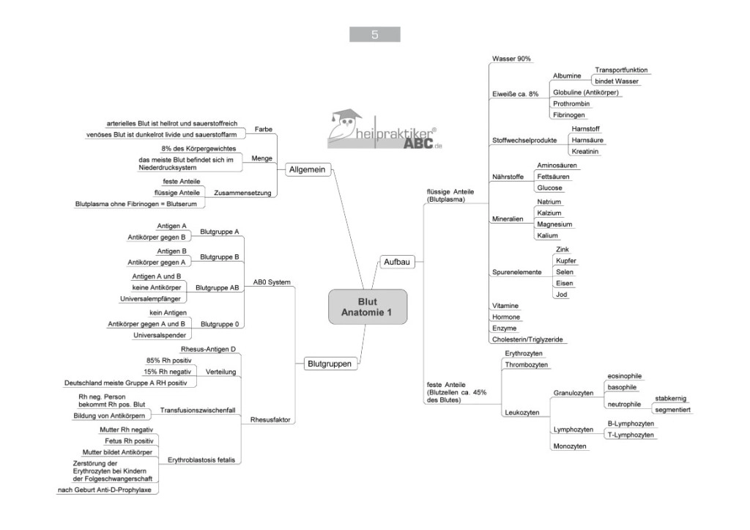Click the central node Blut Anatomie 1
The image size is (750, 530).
[x=367, y=306]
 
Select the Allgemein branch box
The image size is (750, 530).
[x=306, y=170]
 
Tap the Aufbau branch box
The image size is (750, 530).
[x=396, y=262]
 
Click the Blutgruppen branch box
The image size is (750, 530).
[x=329, y=363]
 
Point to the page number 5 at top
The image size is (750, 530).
[x=374, y=34]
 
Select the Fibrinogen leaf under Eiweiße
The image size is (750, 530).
[x=570, y=115]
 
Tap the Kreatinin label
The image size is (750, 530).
[x=585, y=151]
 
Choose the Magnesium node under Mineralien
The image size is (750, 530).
[x=554, y=224]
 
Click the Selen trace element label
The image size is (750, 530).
[x=564, y=271]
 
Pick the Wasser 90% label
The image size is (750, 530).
[x=511, y=59]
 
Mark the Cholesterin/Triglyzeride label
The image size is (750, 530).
[x=527, y=339]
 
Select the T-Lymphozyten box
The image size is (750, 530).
[x=631, y=435]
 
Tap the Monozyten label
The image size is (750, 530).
[x=570, y=446]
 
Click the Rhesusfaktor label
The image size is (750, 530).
[x=271, y=420]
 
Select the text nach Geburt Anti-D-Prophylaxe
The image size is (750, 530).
[x=108, y=489]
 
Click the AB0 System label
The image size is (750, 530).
[x=272, y=282]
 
